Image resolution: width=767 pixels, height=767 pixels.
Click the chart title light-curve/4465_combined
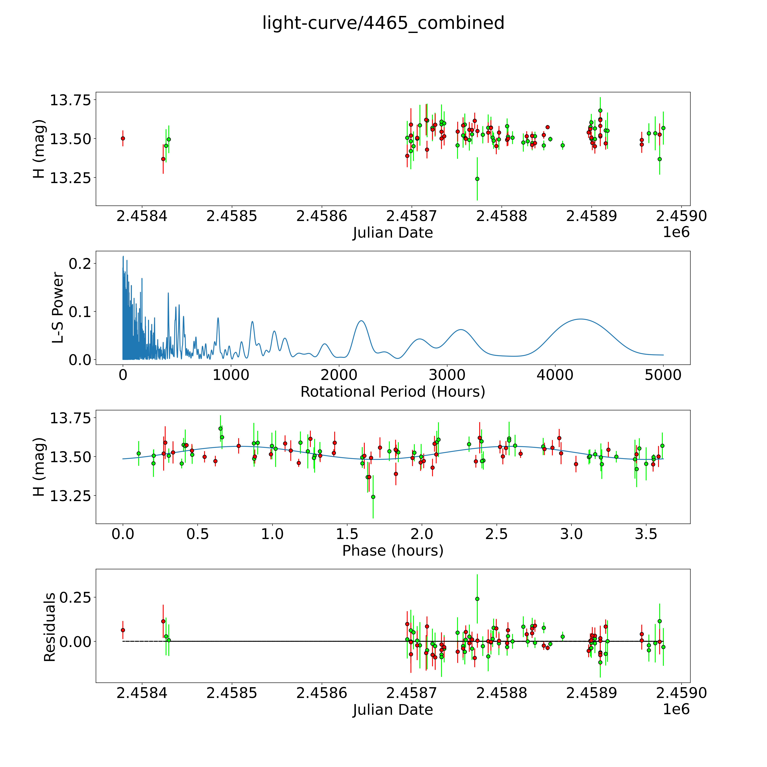(383, 23)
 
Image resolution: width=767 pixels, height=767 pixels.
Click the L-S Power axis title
(58, 308)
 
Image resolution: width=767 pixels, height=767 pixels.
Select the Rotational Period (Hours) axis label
(393, 392)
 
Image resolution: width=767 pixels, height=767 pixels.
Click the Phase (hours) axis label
(393, 551)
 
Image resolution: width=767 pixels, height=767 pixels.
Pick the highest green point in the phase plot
(220, 428)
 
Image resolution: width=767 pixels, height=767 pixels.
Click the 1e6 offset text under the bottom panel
(676, 709)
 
